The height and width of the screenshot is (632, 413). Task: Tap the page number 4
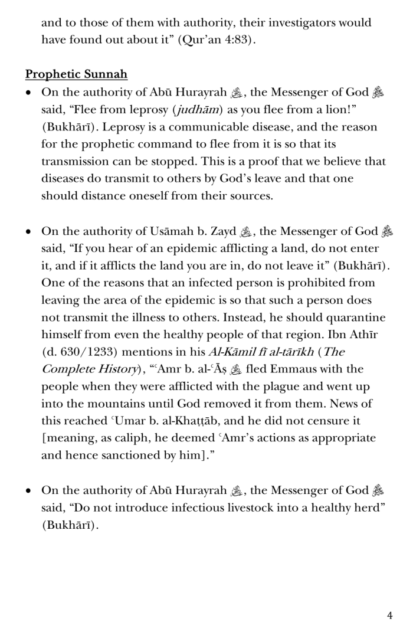pyautogui.click(x=389, y=615)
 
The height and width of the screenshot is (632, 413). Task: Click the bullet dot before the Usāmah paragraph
pyautogui.click(x=29, y=232)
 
